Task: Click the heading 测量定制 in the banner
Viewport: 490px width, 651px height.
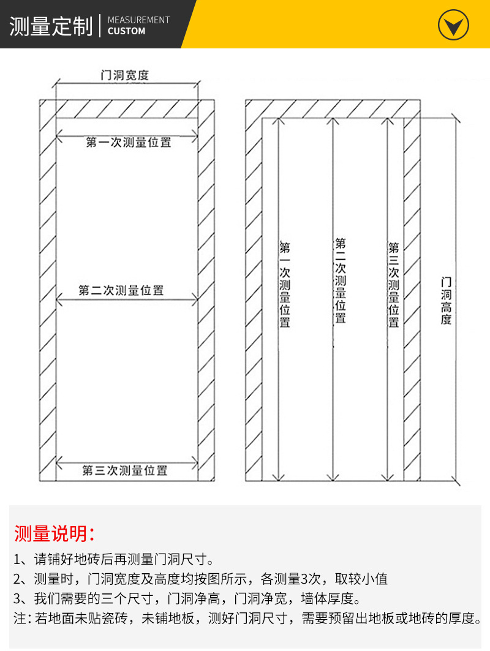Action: coord(50,26)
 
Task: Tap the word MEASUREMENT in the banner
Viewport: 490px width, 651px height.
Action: coord(138,20)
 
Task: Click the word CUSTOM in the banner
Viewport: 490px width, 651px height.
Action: coord(126,31)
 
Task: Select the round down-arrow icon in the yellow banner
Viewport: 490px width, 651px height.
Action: coord(453,26)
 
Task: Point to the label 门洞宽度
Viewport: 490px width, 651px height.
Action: coord(125,75)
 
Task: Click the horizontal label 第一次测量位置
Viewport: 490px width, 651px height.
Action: coord(128,143)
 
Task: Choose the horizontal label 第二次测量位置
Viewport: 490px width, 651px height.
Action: coord(121,290)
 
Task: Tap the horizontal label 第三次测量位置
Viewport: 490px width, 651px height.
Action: coord(125,470)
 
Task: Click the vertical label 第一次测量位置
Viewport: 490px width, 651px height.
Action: coord(285,284)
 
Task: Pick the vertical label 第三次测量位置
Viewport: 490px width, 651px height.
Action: coord(394,284)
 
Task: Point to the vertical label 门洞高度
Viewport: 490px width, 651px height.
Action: coord(446,300)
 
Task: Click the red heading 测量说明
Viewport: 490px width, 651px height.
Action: coord(54,533)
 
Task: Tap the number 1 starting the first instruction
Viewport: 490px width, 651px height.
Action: coord(17,559)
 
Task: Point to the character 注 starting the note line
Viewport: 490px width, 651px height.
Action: coord(20,619)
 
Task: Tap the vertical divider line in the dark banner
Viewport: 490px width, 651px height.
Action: coord(99,25)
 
